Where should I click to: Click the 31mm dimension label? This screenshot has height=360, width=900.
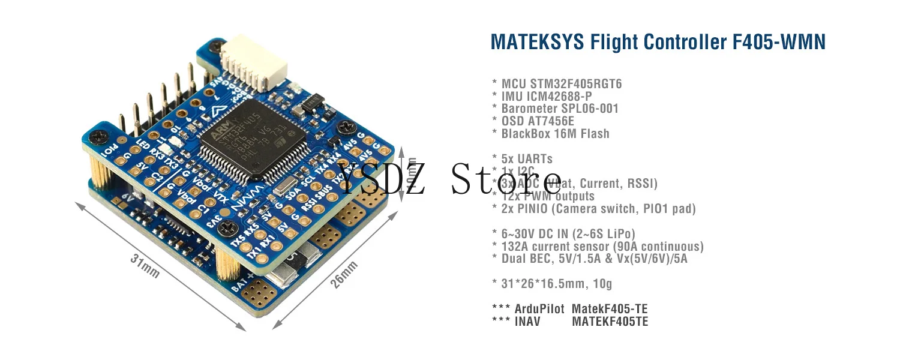(145, 265)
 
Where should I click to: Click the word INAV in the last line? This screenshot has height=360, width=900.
(527, 322)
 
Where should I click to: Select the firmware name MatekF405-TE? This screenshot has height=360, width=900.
(610, 310)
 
